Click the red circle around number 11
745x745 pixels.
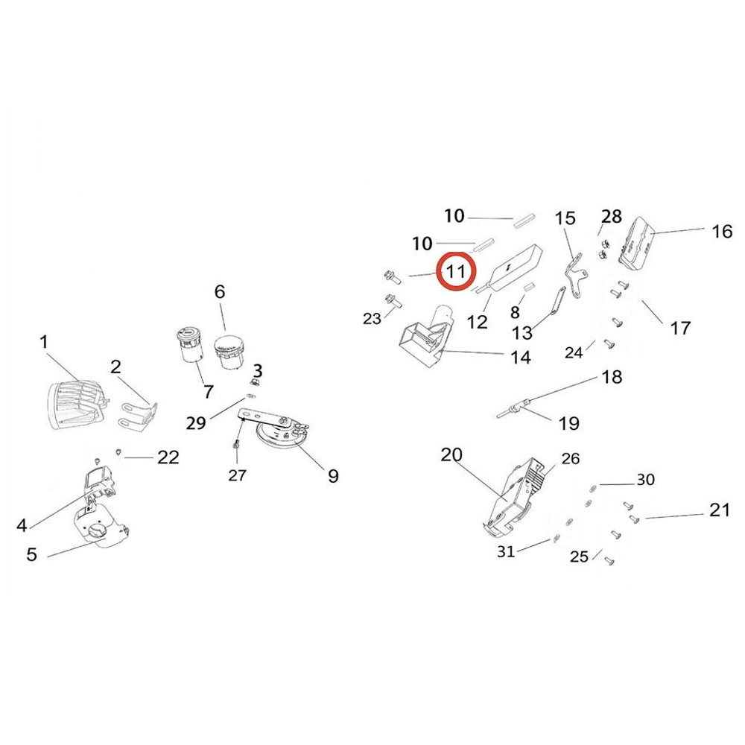click(x=455, y=271)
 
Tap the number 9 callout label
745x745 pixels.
click(x=332, y=475)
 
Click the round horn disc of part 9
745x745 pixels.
click(x=281, y=435)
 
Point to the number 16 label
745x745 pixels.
click(x=722, y=232)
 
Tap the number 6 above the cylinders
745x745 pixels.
click(x=219, y=291)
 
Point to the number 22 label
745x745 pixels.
click(x=168, y=457)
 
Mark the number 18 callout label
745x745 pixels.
click(x=611, y=377)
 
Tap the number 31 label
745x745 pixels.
click(x=506, y=551)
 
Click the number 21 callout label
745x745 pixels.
click(x=719, y=511)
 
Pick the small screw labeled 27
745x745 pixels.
click(x=235, y=445)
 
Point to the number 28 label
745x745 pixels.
click(x=611, y=217)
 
